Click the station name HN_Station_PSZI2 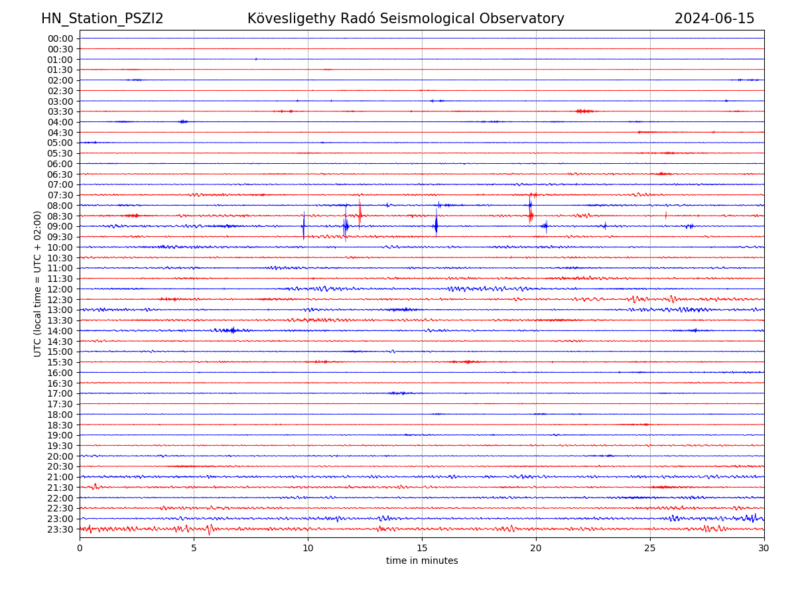point(102,19)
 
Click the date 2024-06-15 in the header point(714,19)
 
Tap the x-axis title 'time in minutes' point(422,561)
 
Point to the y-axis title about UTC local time point(38,283)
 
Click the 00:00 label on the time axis point(60,38)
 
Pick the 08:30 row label point(60,216)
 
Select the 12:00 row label point(60,289)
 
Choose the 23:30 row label point(60,529)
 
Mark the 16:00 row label point(60,373)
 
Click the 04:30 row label point(60,133)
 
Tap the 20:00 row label point(60,456)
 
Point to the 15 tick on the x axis point(422,548)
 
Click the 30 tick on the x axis point(764,548)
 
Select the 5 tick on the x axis point(194,548)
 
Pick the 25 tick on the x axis point(650,548)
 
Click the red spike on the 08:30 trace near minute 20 point(531,214)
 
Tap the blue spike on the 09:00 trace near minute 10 point(304,226)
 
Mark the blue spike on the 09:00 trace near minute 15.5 point(436,226)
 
